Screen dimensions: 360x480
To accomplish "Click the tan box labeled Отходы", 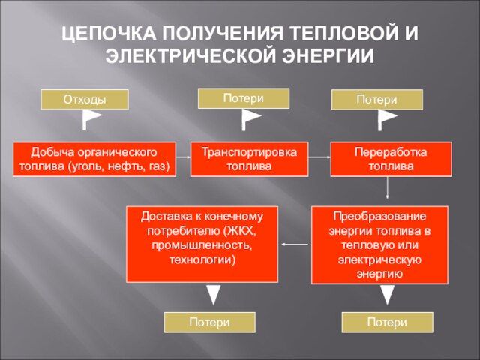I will coord(84,99).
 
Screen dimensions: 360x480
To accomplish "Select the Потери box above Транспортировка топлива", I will coord(243,98).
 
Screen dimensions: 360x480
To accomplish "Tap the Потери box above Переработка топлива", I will coord(377,100).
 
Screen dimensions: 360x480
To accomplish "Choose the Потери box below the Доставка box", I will coord(210,322).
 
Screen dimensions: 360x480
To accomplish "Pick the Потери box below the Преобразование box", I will coord(387,322).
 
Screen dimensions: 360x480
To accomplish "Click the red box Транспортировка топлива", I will coord(249,159).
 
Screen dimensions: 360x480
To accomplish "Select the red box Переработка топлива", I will coord(391,159).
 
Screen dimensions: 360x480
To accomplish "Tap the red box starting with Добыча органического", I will coord(94,159).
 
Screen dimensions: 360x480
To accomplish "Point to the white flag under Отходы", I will coord(91,118).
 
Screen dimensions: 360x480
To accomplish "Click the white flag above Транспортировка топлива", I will coord(250,118).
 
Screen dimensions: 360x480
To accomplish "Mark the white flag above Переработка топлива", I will coord(386,118).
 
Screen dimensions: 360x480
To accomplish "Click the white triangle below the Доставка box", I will coord(214,294).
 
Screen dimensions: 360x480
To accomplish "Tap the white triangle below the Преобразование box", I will coord(387,294).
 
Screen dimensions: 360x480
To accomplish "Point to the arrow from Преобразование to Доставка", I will coord(295,244).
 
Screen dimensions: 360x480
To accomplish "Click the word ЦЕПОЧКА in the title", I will coord(106,34).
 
